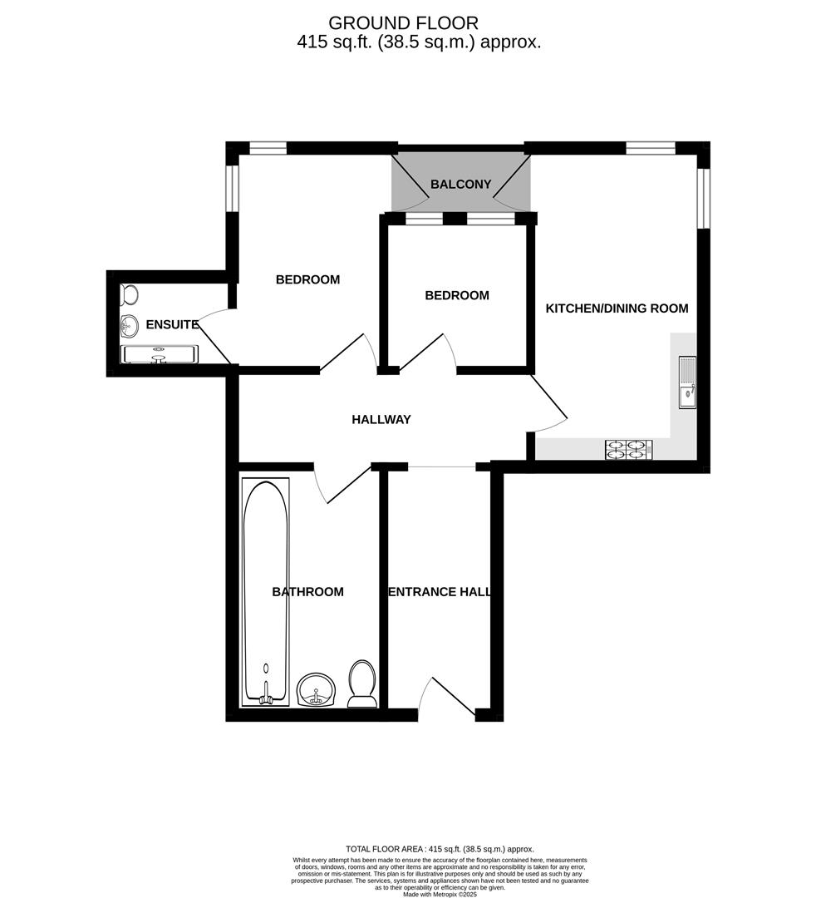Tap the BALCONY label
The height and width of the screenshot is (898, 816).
460,185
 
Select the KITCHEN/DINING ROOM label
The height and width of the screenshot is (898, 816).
617,308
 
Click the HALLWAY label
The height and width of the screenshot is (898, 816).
381,420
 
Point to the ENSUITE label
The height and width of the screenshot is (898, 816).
171,324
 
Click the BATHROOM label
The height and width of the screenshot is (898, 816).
307,592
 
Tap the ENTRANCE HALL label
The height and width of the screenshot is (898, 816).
440,592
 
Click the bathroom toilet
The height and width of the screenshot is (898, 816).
361,683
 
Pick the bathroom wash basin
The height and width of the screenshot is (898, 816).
316,689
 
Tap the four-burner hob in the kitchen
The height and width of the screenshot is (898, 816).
629,450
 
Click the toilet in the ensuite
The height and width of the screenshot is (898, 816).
130,295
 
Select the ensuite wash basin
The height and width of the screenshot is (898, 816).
129,324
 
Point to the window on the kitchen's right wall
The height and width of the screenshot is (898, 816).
703,198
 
